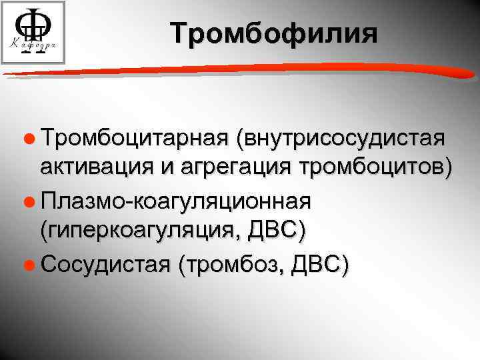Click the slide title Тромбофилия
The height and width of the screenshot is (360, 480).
click(273, 33)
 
